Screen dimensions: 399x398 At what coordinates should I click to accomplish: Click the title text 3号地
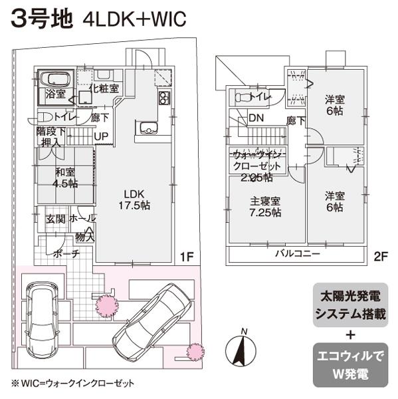pos(39,17)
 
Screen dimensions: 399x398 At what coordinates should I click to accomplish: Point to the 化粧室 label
pos(104,88)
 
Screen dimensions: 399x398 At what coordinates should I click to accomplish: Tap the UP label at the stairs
pos(103,137)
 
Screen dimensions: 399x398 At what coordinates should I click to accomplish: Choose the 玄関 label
pos(54,218)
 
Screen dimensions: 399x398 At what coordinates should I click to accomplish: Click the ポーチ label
pos(66,253)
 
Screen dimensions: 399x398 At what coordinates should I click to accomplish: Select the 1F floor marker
pos(187,255)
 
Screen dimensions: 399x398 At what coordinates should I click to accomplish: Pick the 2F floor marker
pos(380,255)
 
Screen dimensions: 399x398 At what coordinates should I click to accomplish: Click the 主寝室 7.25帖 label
pos(265,207)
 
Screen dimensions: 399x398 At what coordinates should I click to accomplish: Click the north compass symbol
pos(243,348)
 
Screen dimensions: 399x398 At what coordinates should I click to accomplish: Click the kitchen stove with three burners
pos(163,100)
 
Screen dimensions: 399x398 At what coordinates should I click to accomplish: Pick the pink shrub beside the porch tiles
pos(104,306)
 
